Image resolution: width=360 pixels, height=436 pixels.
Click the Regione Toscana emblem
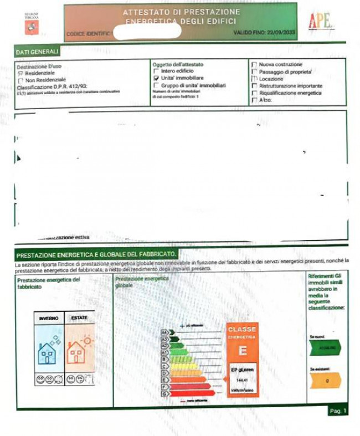point(32,26)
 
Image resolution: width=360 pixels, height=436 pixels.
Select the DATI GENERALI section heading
point(38,52)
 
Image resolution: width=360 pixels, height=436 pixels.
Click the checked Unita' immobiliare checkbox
point(156,79)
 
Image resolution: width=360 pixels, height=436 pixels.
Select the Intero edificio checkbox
point(156,71)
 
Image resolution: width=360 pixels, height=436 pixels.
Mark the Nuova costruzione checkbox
point(254,65)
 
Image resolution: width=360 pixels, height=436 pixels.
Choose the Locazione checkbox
point(254,79)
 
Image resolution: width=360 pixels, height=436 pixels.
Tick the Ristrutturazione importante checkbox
point(254,86)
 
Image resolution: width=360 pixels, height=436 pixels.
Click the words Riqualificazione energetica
point(290,93)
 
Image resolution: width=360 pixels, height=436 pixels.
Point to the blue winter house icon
point(47,352)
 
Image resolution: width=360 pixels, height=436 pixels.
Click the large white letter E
point(242,351)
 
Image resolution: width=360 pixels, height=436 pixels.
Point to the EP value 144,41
point(241,380)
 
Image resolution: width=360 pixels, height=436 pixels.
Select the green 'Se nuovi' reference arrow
point(325,347)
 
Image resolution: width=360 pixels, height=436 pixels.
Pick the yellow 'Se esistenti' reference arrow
point(325,381)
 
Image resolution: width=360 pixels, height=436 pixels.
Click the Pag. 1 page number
point(337,411)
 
